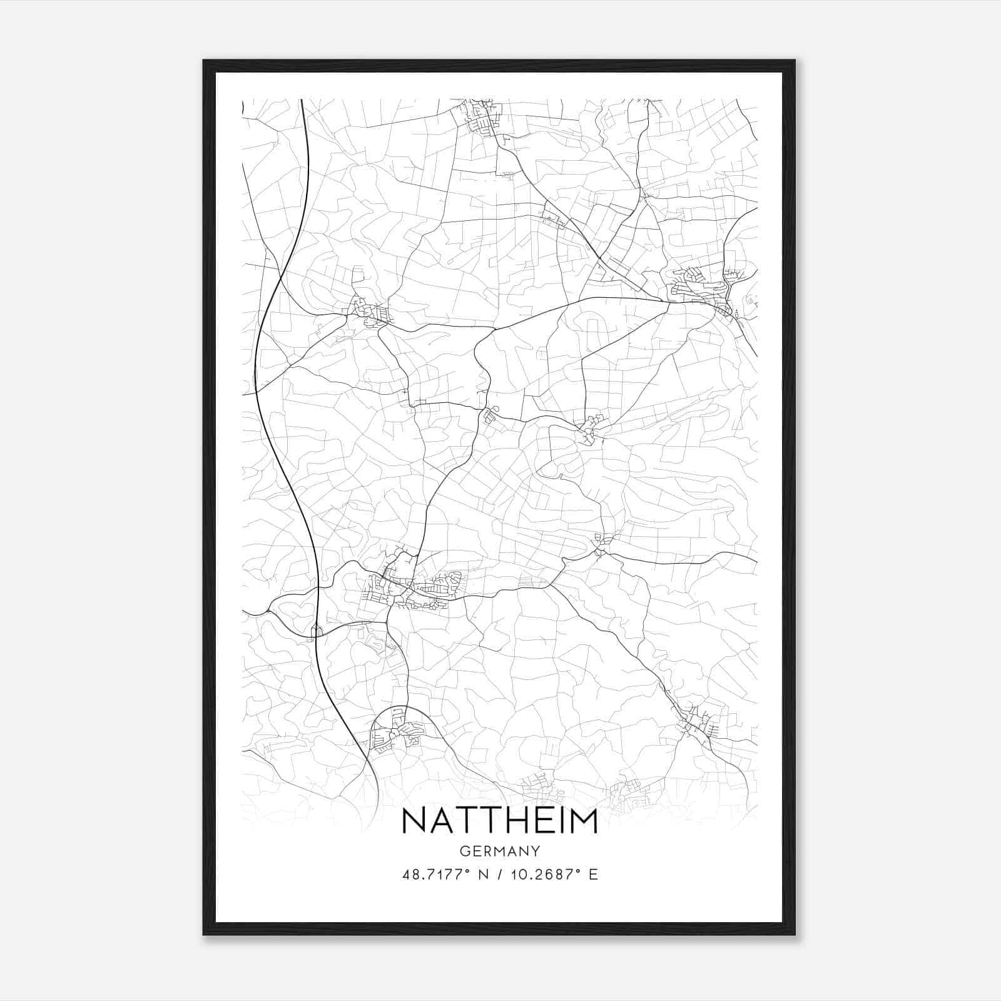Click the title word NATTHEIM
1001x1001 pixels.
[499, 821]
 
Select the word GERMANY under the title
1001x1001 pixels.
[499, 851]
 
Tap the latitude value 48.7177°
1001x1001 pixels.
[436, 875]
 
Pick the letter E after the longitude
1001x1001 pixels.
[593, 875]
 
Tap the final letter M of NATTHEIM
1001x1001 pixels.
[582, 821]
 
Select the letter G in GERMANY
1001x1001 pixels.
[464, 851]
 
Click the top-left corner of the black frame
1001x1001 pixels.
[204, 61]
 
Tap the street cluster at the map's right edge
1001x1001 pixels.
[704, 291]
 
